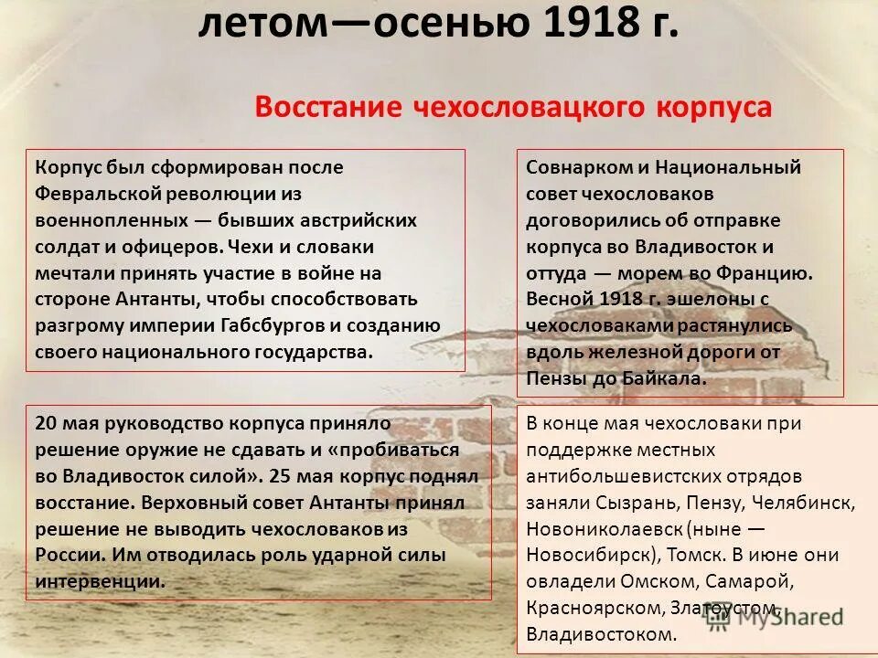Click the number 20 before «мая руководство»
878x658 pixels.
(x=47, y=423)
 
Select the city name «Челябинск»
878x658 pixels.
(x=808, y=503)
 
